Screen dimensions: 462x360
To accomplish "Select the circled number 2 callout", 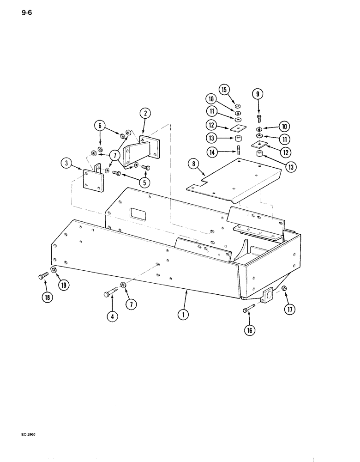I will pyautogui.click(x=145, y=113).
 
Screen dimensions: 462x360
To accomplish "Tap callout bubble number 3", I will pyautogui.click(x=66, y=164).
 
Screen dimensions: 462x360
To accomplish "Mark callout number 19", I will pyautogui.click(x=63, y=285).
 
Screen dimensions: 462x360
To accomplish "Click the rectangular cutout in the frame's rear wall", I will pyautogui.click(x=138, y=213).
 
